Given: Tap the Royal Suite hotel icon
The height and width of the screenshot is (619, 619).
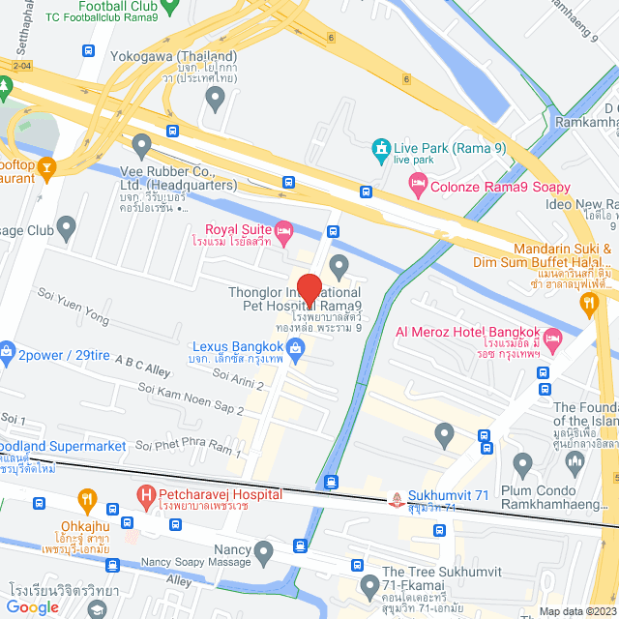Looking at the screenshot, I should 283,229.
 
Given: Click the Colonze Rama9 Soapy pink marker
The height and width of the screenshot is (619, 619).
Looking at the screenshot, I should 418,187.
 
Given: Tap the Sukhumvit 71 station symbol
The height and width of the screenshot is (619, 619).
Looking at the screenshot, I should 396,499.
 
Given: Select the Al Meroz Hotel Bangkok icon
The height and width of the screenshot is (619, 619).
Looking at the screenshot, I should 552,338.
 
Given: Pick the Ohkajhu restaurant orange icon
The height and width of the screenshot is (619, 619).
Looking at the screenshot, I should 87,501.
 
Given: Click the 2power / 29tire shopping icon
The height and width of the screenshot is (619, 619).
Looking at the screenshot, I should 6,349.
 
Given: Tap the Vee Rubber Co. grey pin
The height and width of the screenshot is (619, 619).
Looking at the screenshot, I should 143,148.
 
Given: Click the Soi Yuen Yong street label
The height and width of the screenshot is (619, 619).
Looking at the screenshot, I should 74,303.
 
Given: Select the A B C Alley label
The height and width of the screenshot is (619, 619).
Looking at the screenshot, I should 141,368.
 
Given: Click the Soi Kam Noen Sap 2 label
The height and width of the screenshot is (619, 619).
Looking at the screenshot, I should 191,400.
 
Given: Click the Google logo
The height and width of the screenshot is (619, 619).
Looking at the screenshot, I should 33,606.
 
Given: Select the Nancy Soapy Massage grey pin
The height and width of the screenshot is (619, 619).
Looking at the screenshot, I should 265,553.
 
